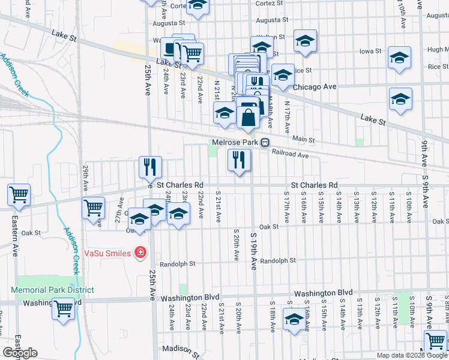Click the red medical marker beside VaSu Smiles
(x=140, y=253)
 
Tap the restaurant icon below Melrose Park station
(x=239, y=160)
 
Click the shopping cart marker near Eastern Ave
(x=19, y=195)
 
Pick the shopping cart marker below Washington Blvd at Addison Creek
(x=63, y=310)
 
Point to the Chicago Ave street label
(x=322, y=86)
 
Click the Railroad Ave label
(x=290, y=155)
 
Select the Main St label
(x=304, y=139)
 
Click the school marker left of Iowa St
(x=305, y=41)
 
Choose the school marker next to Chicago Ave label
(x=283, y=75)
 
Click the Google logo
(x=20, y=353)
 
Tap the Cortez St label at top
(x=265, y=3)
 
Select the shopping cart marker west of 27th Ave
(x=93, y=208)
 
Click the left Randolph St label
(x=178, y=263)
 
